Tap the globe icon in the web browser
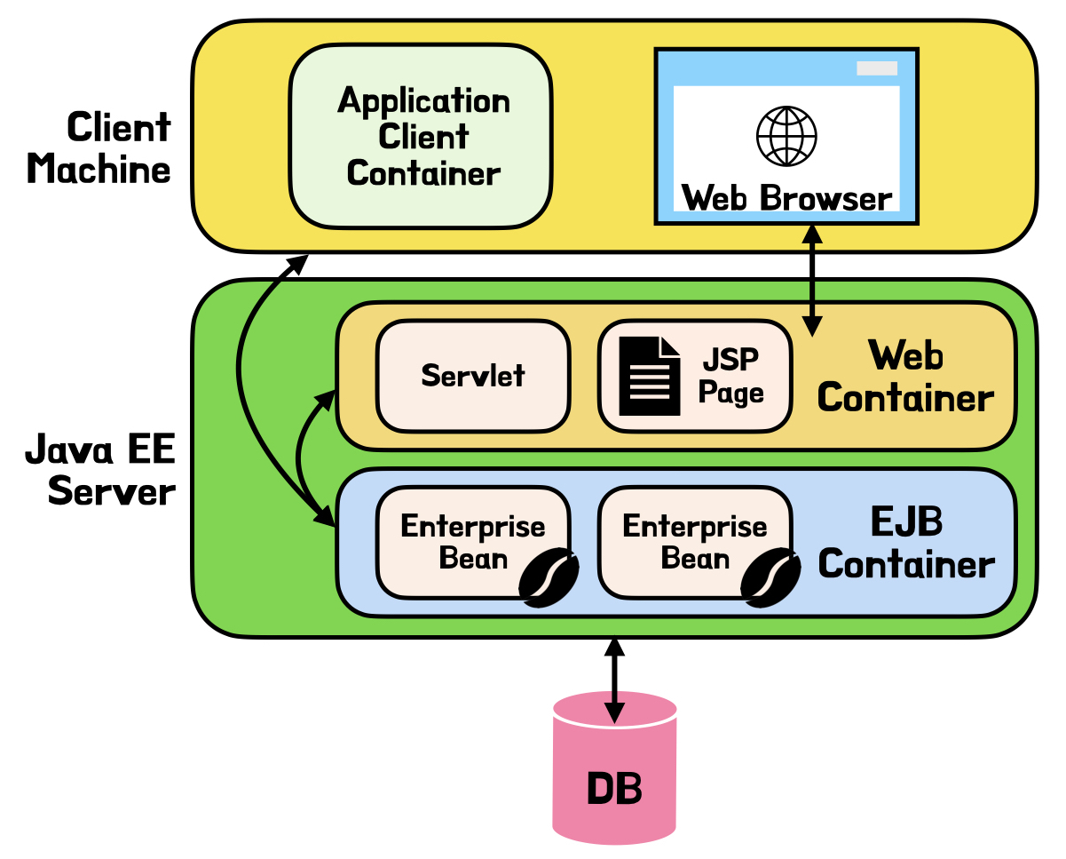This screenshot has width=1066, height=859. [x=786, y=136]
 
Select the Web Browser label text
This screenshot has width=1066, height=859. [x=786, y=197]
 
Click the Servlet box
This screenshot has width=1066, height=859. [x=472, y=375]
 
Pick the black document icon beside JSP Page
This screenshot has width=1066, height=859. [x=649, y=377]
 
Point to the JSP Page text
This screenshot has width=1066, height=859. [x=731, y=377]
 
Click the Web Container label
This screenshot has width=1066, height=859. [x=904, y=378]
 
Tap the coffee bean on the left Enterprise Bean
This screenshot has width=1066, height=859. [x=549, y=578]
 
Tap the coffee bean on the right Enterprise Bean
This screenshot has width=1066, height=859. [x=771, y=578]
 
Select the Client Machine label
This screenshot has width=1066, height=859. [x=99, y=147]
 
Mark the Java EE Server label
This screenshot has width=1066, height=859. [x=100, y=470]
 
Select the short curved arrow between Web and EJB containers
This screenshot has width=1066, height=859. [x=302, y=453]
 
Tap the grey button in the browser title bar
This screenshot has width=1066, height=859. [x=876, y=68]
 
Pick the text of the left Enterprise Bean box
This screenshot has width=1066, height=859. [x=472, y=542]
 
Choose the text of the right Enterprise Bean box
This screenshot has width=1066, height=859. [x=694, y=542]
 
